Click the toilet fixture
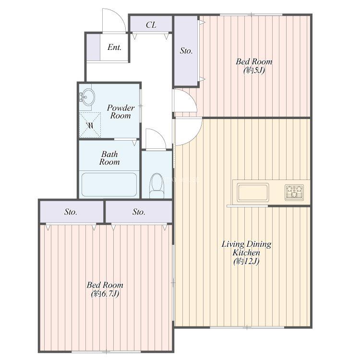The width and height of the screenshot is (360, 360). point(157,185)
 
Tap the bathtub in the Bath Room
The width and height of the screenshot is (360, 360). point(109,184)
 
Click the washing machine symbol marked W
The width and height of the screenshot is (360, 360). point(90,125)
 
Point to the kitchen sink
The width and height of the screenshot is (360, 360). point(253,192)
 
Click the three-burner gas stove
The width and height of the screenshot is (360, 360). point(294,192)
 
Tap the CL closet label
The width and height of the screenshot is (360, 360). point(151,25)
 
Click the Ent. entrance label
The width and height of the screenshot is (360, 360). point(114,48)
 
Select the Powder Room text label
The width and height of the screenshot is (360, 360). point(120,111)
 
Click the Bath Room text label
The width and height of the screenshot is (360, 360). point(109,158)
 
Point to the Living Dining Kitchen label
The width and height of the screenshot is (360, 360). point(246,248)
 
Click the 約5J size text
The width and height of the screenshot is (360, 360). point(254,70)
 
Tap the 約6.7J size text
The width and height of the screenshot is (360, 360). point(105,294)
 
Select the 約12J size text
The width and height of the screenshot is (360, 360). point(246,261)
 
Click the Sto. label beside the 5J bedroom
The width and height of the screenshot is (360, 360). point(186,51)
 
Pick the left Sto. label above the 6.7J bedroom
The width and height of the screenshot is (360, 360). point(71,212)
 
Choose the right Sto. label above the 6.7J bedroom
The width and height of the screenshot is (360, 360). point(139,212)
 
